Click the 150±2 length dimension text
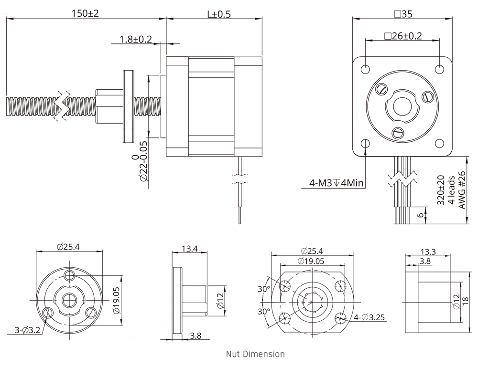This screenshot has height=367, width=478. pos(85,13)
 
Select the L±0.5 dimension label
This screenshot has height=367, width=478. pos(218,14)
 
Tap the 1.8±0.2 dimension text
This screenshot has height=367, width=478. pos(135,39)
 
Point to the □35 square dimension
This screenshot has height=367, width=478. pos(402,14)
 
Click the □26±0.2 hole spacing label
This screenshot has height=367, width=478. pos(402,36)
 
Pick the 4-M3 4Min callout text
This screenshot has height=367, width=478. pos(337,183)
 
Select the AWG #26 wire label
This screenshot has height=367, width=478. pos(462,190)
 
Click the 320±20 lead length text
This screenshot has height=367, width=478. pos(441,190)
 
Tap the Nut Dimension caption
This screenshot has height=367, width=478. pos(255,354)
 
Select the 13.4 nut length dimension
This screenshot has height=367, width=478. pos(189,248)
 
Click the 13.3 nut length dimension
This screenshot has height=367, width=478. pos(427,252)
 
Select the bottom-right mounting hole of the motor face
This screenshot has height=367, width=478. pos(439,143)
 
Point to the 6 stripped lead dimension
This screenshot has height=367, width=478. pos(421,215)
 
